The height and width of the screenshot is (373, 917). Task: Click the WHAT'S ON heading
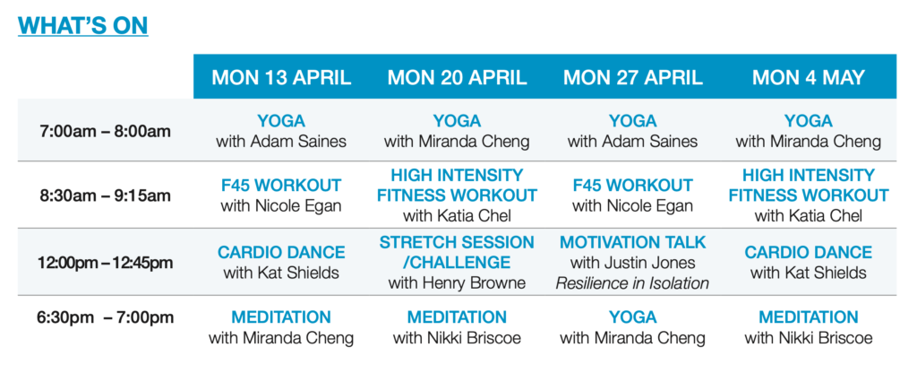(x=82, y=26)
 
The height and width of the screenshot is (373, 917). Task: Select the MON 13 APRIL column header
(x=281, y=78)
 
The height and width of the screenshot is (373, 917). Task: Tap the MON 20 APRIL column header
(x=458, y=78)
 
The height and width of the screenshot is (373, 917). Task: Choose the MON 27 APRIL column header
(x=633, y=78)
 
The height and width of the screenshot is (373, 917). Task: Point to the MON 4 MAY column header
(x=809, y=78)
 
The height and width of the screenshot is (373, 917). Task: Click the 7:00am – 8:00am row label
(x=106, y=131)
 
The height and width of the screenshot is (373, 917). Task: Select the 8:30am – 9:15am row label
(x=106, y=195)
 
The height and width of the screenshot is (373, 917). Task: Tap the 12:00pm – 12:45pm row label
(x=106, y=263)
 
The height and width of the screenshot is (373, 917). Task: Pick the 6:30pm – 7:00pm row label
(x=106, y=318)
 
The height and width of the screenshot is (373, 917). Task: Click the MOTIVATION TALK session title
(x=633, y=242)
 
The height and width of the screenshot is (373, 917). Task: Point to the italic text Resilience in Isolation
(x=632, y=284)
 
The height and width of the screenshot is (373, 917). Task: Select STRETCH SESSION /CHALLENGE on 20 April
(x=457, y=252)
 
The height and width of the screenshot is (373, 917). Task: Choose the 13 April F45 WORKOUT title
(x=281, y=186)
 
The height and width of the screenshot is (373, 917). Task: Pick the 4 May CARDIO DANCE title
(x=809, y=252)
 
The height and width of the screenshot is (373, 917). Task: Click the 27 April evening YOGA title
(x=633, y=317)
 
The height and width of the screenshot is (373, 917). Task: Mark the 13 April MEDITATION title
(x=281, y=317)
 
